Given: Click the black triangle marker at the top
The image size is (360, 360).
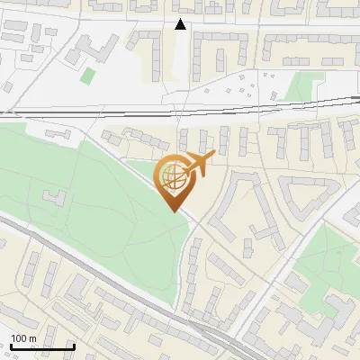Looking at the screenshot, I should coord(181,24).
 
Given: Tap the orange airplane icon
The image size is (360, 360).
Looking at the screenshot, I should coord(200,164).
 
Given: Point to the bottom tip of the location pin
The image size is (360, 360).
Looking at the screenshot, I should coord(172,211).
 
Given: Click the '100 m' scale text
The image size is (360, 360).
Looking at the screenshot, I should coord(23,337).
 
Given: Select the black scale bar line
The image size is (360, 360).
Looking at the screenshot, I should coord(42,346).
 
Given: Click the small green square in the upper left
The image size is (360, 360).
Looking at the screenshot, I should coord(87,75).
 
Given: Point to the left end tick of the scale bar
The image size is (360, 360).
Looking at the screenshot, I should coord(12,346).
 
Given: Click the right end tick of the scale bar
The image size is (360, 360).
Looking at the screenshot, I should coord(73,346).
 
